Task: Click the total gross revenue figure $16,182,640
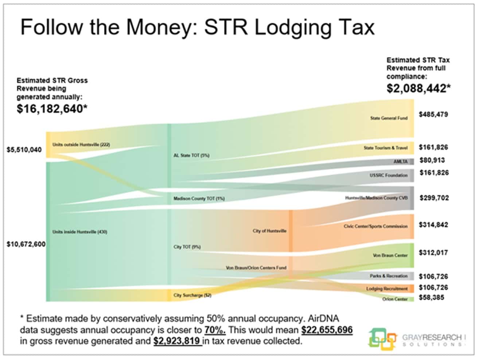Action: (51, 109)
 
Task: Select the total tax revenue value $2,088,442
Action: (418, 89)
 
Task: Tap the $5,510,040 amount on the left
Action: (24, 150)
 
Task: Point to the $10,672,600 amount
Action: (26, 244)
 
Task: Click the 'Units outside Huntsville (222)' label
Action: (81, 145)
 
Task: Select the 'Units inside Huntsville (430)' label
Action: (79, 232)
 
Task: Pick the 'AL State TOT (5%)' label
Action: (191, 156)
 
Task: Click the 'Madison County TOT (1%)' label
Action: (199, 199)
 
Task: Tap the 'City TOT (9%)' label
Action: (187, 247)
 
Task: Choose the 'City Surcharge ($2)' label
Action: (192, 295)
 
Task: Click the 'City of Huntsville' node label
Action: (269, 231)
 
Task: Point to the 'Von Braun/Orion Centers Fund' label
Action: (256, 268)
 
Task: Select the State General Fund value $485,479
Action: (433, 114)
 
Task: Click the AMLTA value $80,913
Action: (432, 160)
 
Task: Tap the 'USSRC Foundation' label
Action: (388, 175)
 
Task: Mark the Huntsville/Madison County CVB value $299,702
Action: (434, 198)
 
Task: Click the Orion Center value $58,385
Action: (431, 297)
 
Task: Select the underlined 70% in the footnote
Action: (215, 330)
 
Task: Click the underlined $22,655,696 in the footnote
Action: (327, 330)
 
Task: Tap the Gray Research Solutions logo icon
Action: (382, 339)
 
